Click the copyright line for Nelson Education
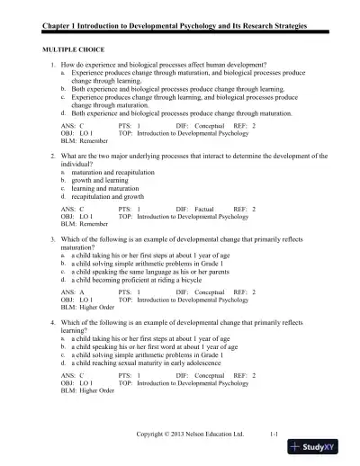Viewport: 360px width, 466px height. [190, 435]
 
